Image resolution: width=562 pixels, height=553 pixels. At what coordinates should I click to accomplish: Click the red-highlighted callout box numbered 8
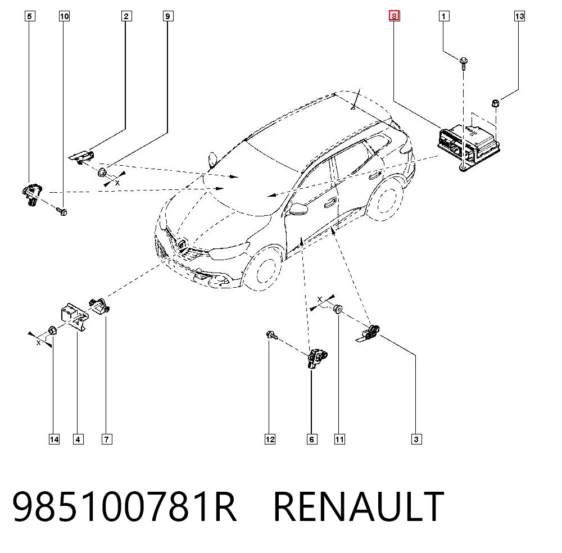[x=395, y=16]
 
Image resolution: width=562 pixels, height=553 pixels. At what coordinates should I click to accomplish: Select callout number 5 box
[x=30, y=16]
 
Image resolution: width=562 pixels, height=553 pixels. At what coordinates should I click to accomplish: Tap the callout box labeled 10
[x=64, y=16]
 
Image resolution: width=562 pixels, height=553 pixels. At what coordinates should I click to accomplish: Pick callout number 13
[x=519, y=16]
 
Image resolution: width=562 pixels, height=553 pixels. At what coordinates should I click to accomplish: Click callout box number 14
[x=54, y=439]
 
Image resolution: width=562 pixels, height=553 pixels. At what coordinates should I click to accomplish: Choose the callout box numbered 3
[x=416, y=439]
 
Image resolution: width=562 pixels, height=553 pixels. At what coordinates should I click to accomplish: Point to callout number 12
[x=270, y=439]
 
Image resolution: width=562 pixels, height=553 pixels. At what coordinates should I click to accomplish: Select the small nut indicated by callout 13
[x=496, y=103]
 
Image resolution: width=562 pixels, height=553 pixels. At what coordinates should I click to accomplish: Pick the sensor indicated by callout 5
[x=32, y=194]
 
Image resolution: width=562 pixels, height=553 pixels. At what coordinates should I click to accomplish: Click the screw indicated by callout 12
[x=272, y=336]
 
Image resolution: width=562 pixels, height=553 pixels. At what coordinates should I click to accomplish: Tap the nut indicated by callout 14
[x=52, y=331]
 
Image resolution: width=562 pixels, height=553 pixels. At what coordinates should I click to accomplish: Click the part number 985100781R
[x=124, y=506]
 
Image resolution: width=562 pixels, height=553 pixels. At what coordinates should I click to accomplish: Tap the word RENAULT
[x=359, y=506]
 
